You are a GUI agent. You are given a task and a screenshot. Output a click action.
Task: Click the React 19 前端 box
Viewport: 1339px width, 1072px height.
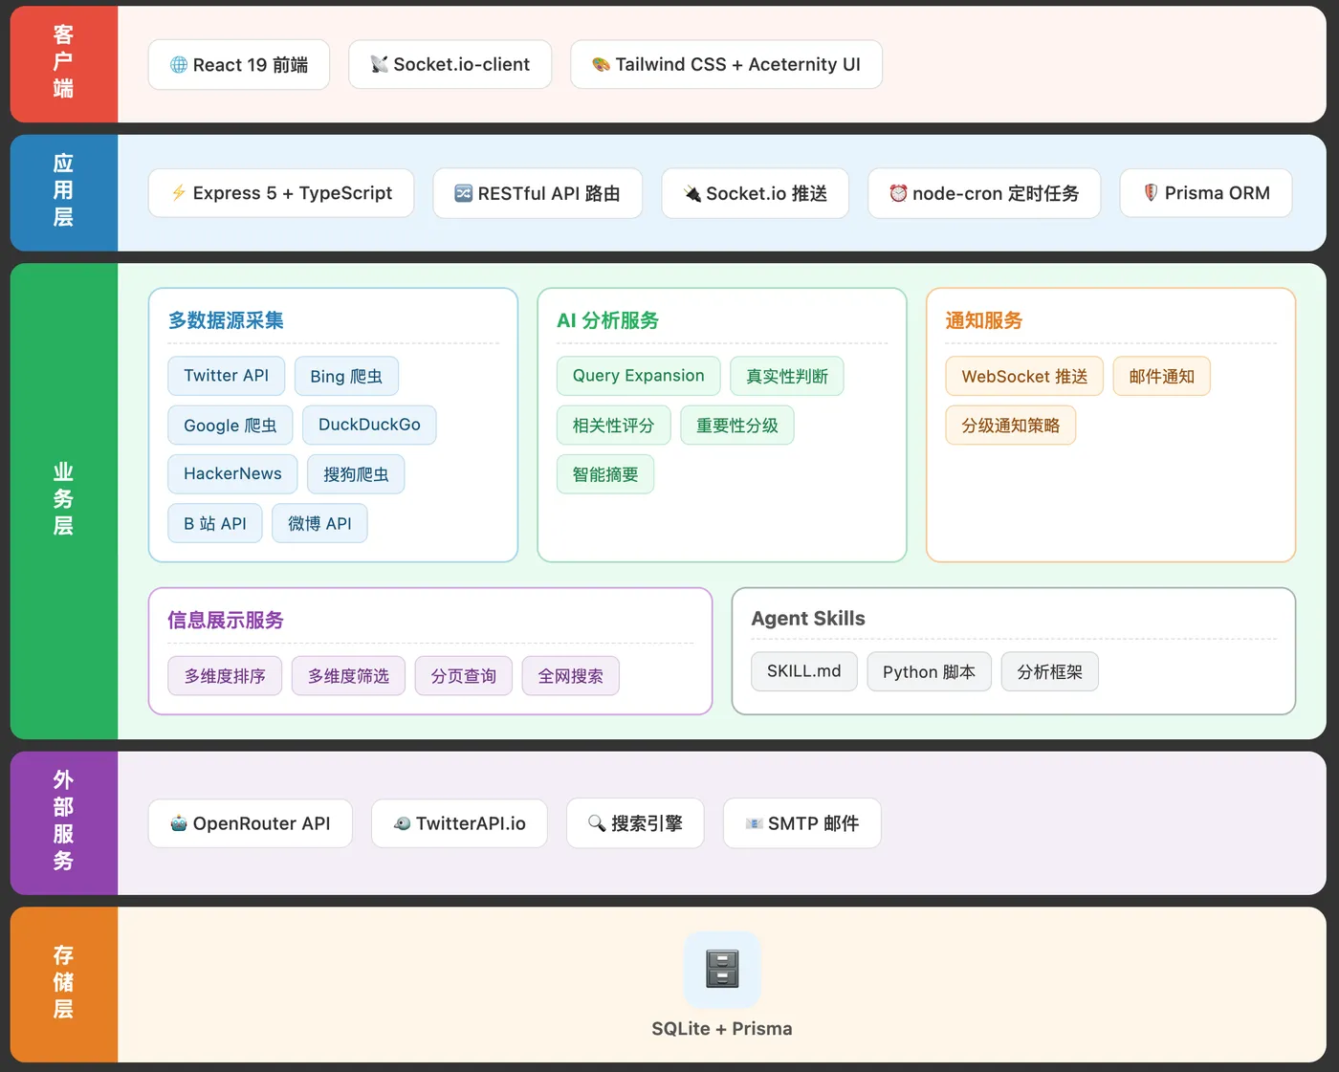coord(239,65)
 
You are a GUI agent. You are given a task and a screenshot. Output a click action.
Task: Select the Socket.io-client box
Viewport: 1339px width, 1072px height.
coord(450,65)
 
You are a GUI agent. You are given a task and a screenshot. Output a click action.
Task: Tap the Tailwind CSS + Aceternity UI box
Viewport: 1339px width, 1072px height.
coord(726,65)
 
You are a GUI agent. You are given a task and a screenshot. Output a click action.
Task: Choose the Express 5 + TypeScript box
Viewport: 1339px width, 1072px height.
coord(281,193)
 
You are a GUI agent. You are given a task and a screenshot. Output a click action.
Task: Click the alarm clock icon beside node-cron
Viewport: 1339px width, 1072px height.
coord(898,193)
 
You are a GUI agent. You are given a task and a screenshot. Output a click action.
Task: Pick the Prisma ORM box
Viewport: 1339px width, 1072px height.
coord(1206,193)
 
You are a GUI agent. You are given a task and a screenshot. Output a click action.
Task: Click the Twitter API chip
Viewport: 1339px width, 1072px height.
coord(227,376)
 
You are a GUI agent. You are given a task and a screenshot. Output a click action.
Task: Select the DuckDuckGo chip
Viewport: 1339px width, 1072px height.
coord(369,425)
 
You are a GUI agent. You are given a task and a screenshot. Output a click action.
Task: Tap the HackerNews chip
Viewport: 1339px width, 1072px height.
coord(232,474)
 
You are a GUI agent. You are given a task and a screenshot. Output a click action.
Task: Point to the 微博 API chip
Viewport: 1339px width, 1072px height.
coord(319,523)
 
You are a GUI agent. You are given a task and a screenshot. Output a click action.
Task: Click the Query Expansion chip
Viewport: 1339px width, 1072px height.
coord(638,376)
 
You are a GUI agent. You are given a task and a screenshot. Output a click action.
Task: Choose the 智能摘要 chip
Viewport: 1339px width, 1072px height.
coord(605,474)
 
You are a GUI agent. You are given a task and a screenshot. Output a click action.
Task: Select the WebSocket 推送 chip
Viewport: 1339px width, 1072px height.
coord(1024,376)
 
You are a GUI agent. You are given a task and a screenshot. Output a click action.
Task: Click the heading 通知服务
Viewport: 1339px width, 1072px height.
coord(984,320)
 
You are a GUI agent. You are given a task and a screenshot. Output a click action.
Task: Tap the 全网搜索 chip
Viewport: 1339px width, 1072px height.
coord(571,676)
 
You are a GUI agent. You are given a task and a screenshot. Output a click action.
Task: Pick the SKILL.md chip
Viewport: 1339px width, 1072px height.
coord(804,671)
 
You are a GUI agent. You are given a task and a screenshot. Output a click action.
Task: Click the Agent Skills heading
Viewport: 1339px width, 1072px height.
coord(808,619)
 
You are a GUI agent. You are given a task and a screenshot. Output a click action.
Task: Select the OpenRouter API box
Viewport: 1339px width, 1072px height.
coord(251,823)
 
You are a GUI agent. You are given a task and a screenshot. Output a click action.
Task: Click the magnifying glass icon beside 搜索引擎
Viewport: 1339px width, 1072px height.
coord(597,823)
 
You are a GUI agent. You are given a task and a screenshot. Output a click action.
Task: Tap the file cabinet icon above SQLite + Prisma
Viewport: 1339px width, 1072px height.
coord(722,969)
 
